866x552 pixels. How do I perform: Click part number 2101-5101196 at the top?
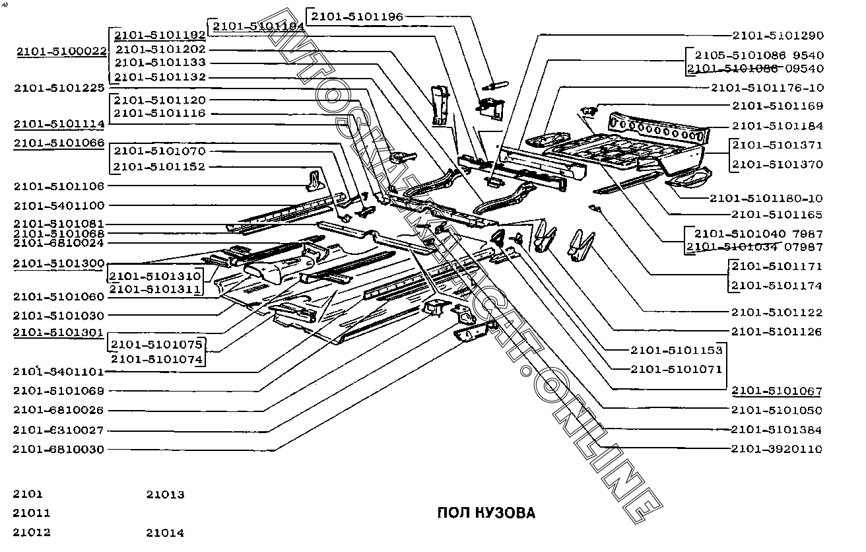(356, 17)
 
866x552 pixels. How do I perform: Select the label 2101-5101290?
(777, 36)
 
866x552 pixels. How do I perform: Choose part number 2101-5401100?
(59, 206)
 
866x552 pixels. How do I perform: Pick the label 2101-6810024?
(59, 243)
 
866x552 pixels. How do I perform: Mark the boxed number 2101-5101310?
(156, 276)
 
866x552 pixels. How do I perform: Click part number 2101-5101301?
(59, 333)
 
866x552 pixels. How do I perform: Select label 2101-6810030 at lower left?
(59, 450)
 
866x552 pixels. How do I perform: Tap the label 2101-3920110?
(777, 450)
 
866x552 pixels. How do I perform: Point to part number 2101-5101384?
(777, 431)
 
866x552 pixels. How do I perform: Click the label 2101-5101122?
(777, 312)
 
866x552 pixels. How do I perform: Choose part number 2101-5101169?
(777, 106)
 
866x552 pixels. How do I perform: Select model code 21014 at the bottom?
(165, 533)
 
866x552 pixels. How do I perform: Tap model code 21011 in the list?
(31, 513)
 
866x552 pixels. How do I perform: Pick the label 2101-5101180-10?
(766, 198)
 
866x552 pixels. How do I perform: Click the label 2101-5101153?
(677, 351)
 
